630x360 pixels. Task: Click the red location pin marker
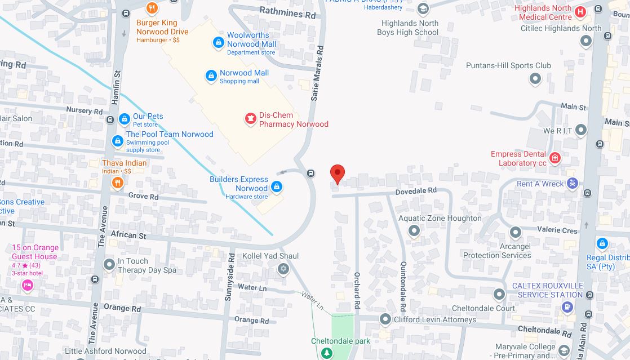pyautogui.click(x=337, y=174)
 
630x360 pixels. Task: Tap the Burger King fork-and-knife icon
pyautogui.click(x=152, y=8)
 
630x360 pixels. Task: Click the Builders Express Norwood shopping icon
pyautogui.click(x=276, y=186)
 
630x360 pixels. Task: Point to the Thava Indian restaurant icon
pyautogui.click(x=117, y=181)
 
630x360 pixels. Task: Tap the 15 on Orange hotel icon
pyautogui.click(x=27, y=285)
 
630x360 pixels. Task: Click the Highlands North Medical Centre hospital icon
pyautogui.click(x=580, y=11)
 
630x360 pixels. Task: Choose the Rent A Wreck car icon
pyautogui.click(x=573, y=183)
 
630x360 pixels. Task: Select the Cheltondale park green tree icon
pyautogui.click(x=326, y=353)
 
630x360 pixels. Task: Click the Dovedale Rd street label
pyautogui.click(x=416, y=191)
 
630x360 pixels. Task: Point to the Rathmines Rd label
pyautogui.click(x=287, y=12)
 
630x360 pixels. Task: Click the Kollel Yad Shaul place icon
pyautogui.click(x=283, y=268)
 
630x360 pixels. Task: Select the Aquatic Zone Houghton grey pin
pyautogui.click(x=414, y=230)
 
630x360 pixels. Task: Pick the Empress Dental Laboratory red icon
pyautogui.click(x=555, y=158)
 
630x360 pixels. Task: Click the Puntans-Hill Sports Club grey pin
pyautogui.click(x=535, y=78)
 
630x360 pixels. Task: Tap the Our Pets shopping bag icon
pyautogui.click(x=125, y=119)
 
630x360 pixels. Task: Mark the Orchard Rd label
pyautogui.click(x=357, y=291)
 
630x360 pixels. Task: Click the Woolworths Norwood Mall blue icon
pyautogui.click(x=218, y=42)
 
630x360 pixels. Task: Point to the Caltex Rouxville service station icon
pyautogui.click(x=567, y=307)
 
